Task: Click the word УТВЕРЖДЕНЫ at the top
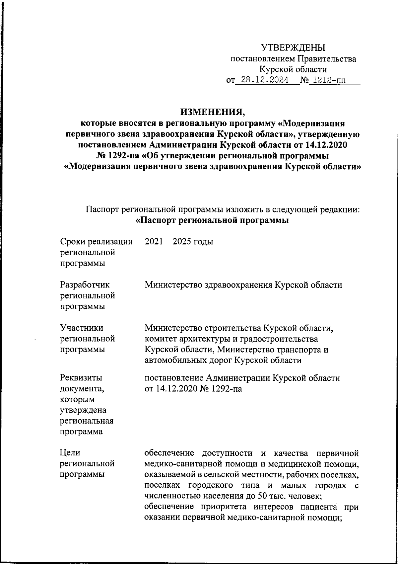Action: click(293, 48)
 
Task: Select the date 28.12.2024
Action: click(264, 80)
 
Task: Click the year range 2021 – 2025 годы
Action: click(179, 242)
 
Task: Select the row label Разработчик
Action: click(86, 285)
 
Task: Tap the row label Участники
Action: click(82, 328)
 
